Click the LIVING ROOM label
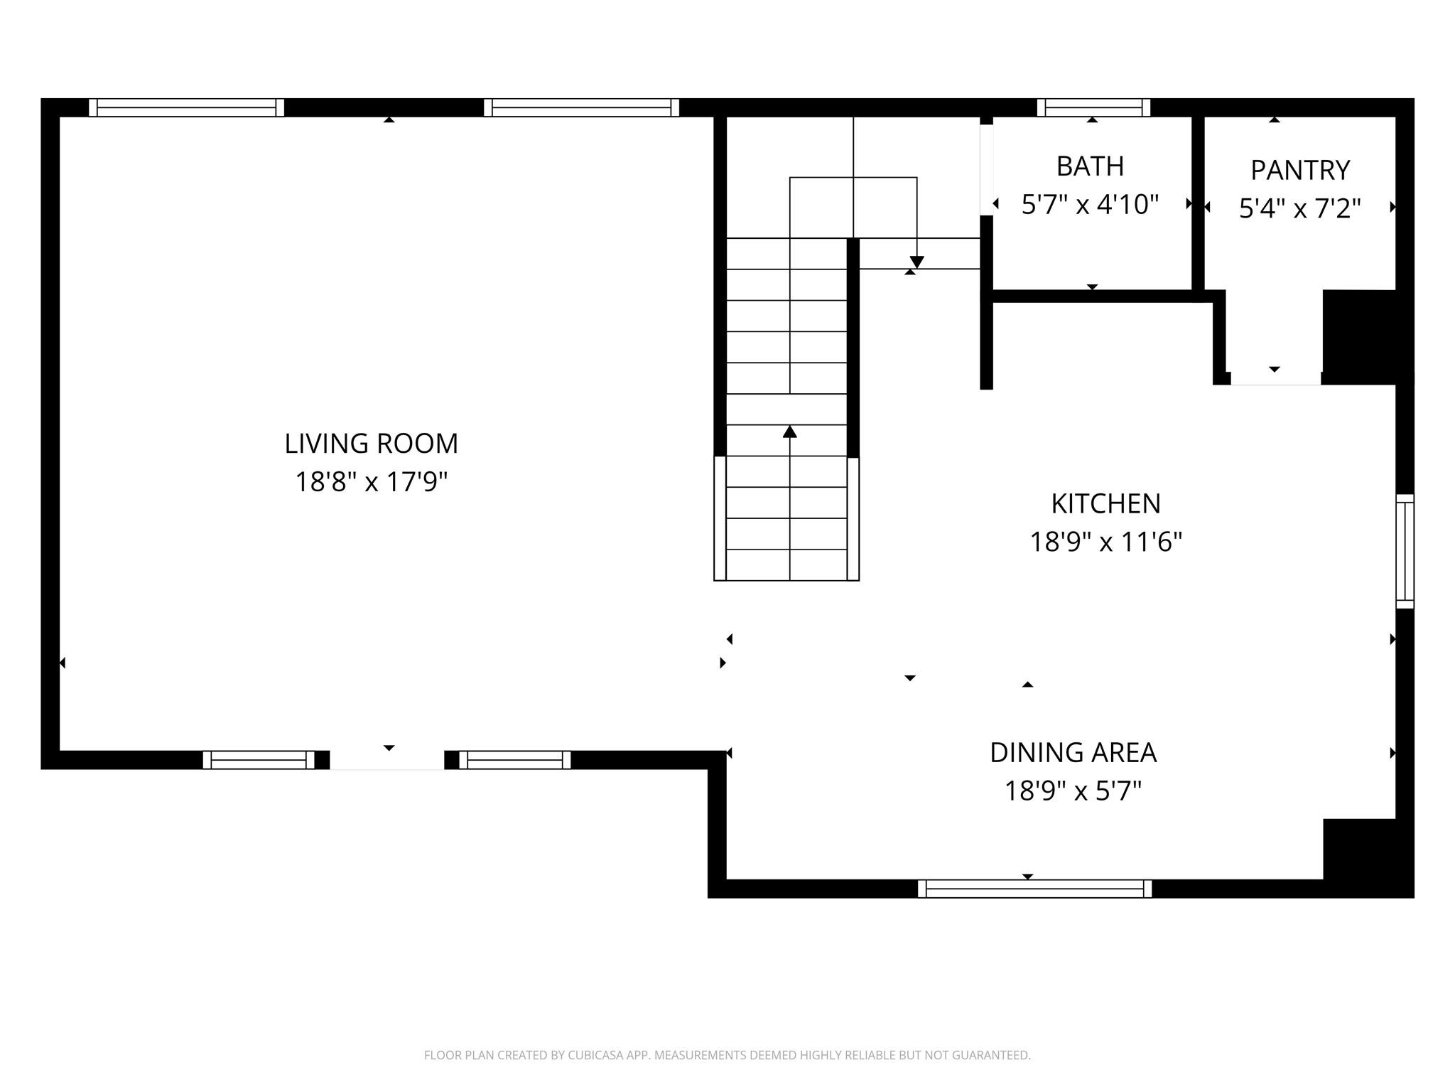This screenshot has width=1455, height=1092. tap(372, 444)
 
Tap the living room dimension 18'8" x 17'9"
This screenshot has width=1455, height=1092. tap(372, 482)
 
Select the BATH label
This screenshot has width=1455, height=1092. tap(1091, 166)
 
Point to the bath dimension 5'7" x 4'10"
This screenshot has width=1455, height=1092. tap(1091, 205)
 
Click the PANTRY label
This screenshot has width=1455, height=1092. tap(1300, 171)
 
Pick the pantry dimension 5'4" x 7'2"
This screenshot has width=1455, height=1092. tap(1300, 209)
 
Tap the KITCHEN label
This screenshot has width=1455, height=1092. tap(1106, 504)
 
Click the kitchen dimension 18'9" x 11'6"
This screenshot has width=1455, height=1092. tap(1106, 542)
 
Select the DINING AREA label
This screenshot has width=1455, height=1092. tap(1073, 753)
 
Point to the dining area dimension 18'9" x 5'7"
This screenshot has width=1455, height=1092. tap(1073, 791)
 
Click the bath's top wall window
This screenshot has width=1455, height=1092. tap(1093, 107)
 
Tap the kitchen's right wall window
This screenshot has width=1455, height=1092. tap(1405, 552)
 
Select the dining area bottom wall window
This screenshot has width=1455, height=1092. tap(1035, 889)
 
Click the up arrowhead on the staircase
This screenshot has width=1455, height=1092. tap(790, 432)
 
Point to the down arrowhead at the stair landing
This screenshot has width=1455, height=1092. tap(917, 262)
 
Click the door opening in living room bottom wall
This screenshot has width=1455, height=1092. tap(387, 761)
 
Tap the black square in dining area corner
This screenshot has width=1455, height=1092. tap(1368, 858)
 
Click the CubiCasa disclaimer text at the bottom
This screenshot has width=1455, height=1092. tap(727, 1056)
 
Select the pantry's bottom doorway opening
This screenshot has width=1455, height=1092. tap(1276, 379)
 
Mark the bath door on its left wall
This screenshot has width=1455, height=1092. tap(987, 170)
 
